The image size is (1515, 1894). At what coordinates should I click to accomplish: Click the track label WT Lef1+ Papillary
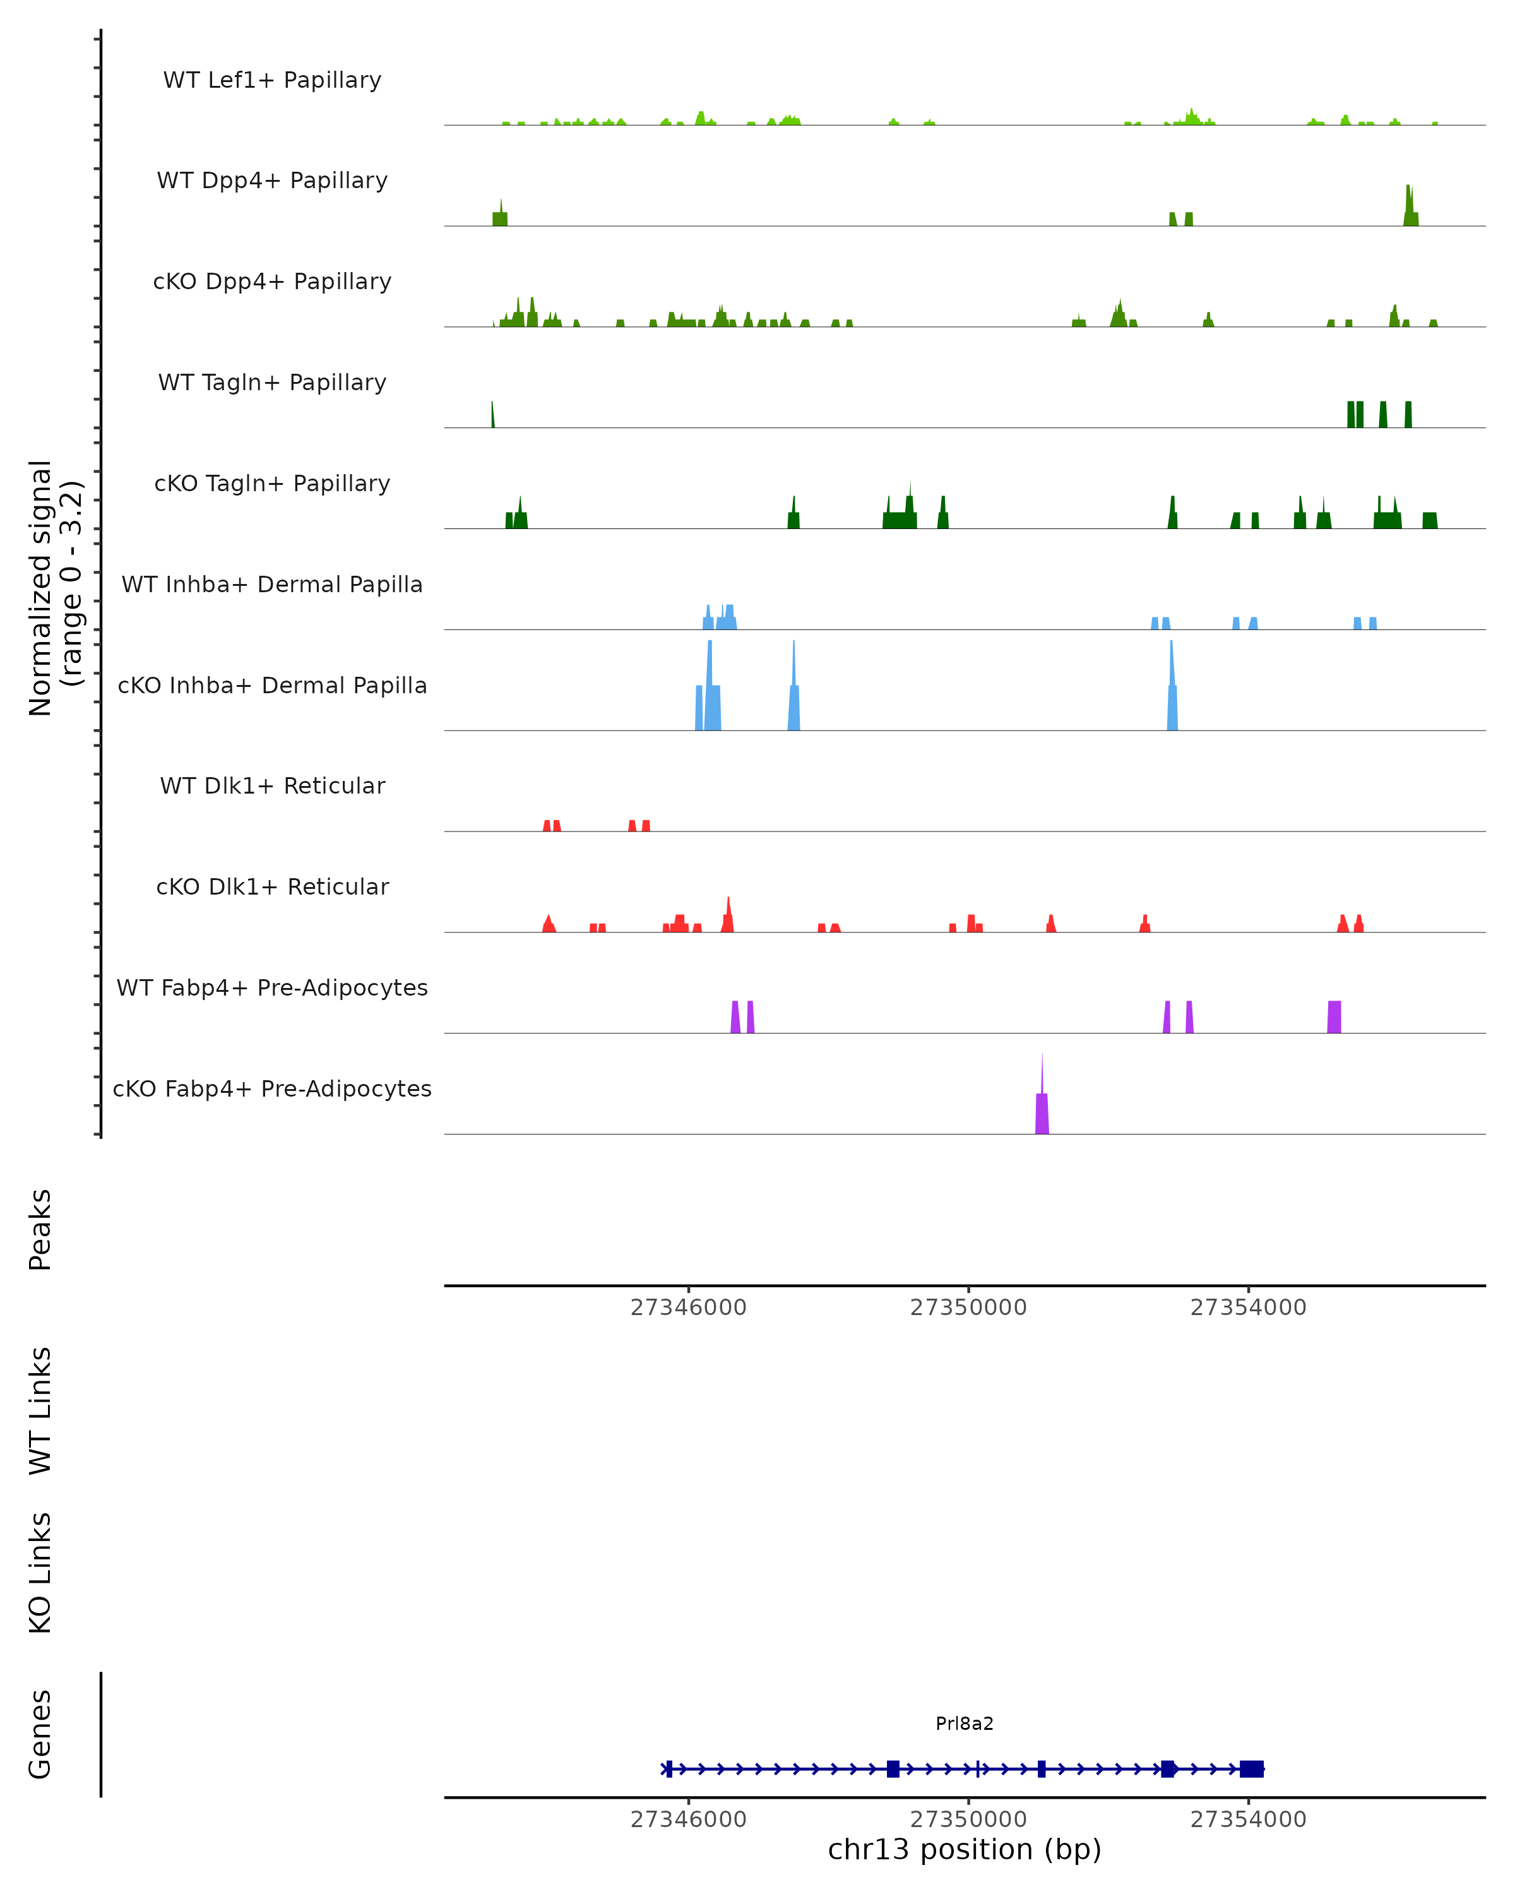272,80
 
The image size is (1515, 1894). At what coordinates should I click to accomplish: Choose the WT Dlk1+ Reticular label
272,785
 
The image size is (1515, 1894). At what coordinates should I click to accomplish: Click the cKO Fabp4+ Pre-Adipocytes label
272,1088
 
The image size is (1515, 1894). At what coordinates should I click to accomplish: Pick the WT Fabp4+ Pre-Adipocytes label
272,987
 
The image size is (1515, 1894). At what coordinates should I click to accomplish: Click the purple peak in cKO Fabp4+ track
1042,1111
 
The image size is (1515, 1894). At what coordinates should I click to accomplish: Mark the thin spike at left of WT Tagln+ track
493,415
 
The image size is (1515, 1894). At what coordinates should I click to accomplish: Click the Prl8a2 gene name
965,1723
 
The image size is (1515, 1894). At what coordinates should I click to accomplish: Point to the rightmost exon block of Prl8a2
1252,1768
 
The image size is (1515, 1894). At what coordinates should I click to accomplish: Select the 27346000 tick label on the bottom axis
689,1820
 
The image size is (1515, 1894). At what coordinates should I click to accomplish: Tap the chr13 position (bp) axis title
965,1849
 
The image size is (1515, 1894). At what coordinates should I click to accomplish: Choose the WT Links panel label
40,1410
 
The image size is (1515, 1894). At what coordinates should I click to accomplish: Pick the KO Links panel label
40,1573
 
